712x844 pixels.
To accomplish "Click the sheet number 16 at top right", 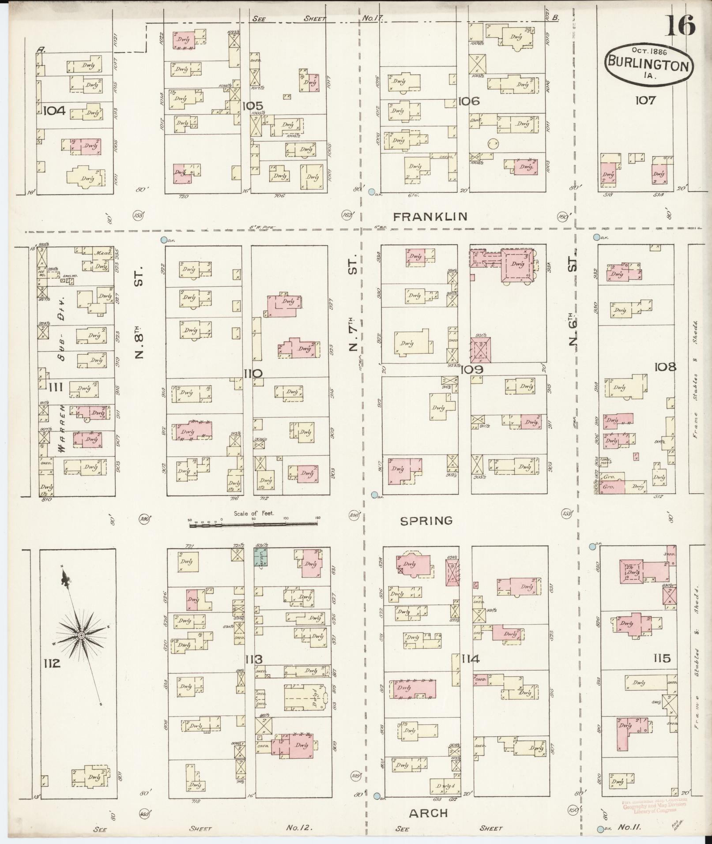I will (x=680, y=25).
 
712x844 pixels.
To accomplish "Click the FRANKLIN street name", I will (x=430, y=216).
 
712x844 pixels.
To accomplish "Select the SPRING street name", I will (x=426, y=521).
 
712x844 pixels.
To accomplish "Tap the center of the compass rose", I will (x=81, y=635).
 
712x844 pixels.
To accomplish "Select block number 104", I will (x=54, y=110).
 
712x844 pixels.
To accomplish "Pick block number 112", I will (x=52, y=675).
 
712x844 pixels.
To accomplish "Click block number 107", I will (x=645, y=100).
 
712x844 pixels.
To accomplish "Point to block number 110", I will (x=253, y=374).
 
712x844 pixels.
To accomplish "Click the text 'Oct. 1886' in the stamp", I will (x=648, y=51).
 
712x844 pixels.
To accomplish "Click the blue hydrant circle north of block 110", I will (x=164, y=240).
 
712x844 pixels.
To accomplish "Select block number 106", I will (x=469, y=101).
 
